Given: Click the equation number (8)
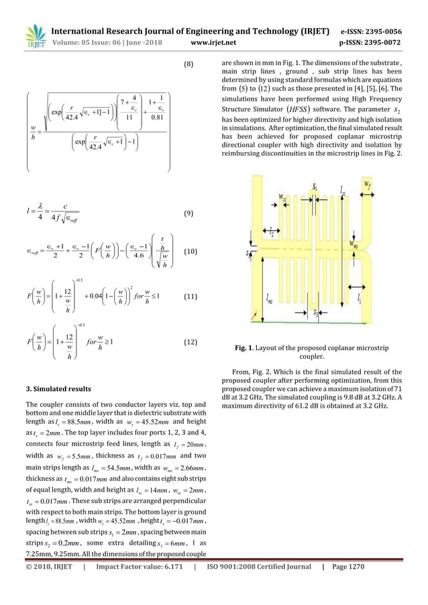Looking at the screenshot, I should pos(189,64).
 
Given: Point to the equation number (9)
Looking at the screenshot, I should pos(189,213).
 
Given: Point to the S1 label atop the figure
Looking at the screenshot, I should pos(315,184).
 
